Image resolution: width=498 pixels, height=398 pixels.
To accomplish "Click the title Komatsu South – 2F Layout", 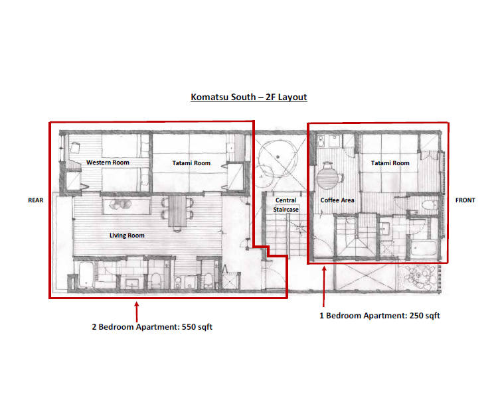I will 249,97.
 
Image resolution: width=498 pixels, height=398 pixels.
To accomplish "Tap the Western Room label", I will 108,163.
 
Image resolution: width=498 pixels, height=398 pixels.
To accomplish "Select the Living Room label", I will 127,235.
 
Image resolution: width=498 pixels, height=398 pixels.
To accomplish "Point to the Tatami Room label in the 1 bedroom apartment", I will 390,163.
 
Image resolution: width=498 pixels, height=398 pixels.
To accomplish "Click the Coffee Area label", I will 337,200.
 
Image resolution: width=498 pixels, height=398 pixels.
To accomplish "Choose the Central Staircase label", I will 286,204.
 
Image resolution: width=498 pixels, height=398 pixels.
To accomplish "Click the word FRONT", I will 465,200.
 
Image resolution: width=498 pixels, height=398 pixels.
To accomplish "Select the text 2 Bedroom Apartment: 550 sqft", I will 152,327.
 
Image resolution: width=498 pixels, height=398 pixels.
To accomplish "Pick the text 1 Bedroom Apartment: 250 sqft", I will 380,316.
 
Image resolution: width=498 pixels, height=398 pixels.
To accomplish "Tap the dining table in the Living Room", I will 179,211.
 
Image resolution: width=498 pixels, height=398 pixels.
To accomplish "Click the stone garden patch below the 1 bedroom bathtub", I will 423,277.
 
